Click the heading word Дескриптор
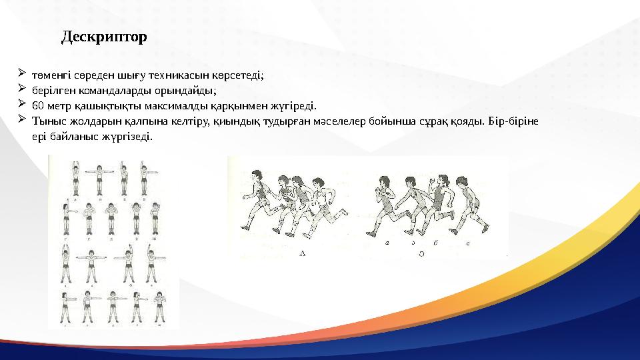point(104,37)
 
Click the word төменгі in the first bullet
point(49,75)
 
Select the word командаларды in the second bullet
point(99,90)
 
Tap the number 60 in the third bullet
point(37,105)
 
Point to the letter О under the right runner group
point(421,253)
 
